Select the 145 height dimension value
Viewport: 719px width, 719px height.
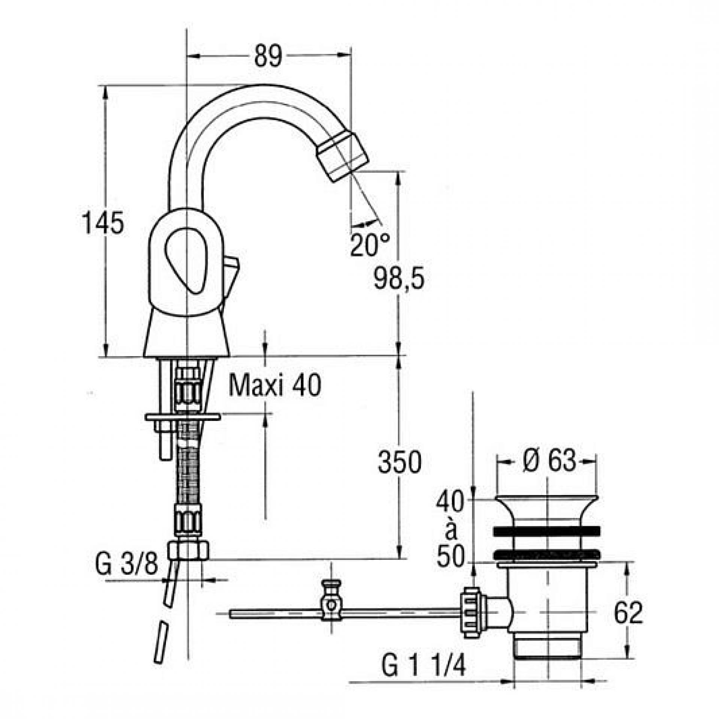click(103, 223)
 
